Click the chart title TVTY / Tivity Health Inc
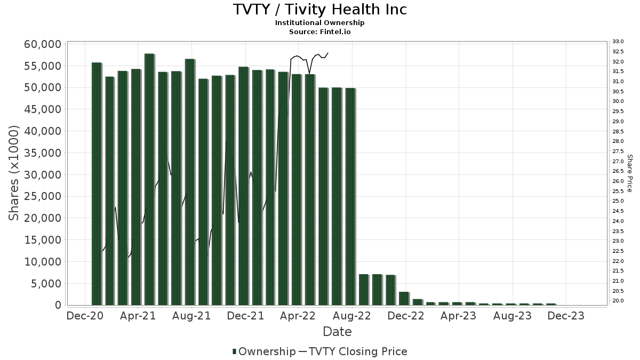click(x=319, y=10)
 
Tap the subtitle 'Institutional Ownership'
click(x=319, y=23)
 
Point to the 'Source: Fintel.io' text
click(x=319, y=31)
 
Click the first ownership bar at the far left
click(x=97, y=183)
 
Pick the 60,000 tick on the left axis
click(x=42, y=44)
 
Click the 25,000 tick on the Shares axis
click(x=42, y=196)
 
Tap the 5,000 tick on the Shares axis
click(x=45, y=284)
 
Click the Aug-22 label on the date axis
click(x=351, y=316)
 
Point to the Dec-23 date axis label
click(x=566, y=316)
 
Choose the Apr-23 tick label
click(x=458, y=316)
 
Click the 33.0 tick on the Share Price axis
click(x=618, y=42)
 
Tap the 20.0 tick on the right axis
click(x=618, y=301)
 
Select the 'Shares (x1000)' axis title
click(x=14, y=173)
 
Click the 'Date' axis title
click(x=337, y=332)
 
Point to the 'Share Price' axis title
click(x=629, y=173)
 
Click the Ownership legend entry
click(x=264, y=351)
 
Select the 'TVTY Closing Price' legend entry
click(x=353, y=351)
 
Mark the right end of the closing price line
click(x=328, y=53)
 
